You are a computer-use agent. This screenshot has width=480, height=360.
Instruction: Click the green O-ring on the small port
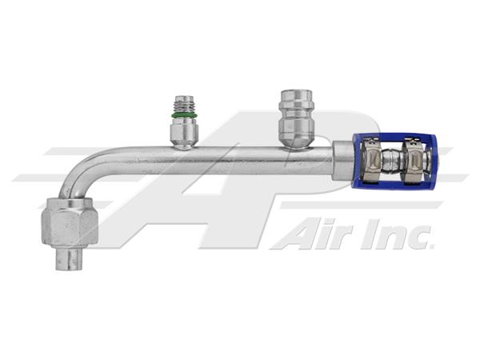pyautogui.click(x=184, y=115)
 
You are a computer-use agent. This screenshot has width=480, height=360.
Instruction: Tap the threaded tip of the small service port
pyautogui.click(x=184, y=104)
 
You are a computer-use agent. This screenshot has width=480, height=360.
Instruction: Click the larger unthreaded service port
pyautogui.click(x=297, y=118)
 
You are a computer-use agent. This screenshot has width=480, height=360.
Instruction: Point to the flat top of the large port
pyautogui.click(x=297, y=91)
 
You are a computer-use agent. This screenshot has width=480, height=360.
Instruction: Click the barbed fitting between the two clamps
pyautogui.click(x=393, y=161)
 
